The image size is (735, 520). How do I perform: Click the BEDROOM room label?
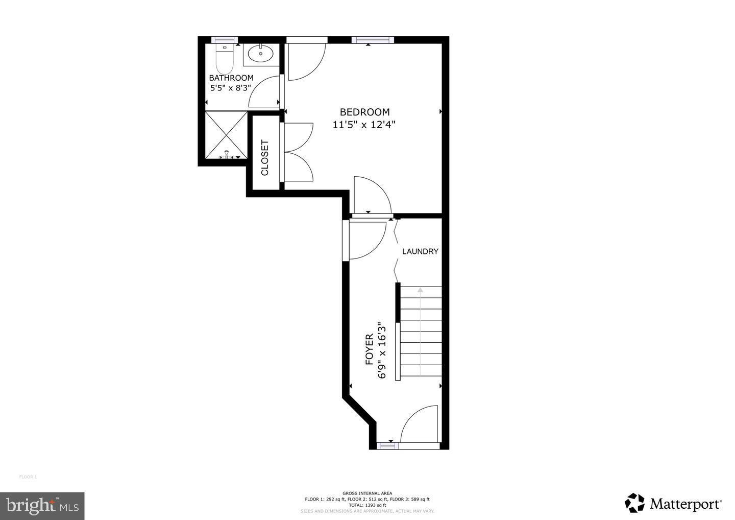pos(364,112)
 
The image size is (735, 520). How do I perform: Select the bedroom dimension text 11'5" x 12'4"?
pos(364,125)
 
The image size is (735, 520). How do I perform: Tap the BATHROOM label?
pos(231,78)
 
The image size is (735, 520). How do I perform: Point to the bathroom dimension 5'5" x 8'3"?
pos(231,87)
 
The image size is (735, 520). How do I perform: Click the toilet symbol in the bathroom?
pos(224,59)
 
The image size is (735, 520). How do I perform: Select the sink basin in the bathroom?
pos(260,53)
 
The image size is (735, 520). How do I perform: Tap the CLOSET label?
pos(265,158)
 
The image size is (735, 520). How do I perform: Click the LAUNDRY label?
pos(420,251)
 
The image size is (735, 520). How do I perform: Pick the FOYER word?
pos(369,350)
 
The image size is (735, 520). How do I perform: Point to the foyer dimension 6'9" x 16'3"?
pos(381,350)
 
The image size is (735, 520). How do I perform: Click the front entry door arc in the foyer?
pos(420,424)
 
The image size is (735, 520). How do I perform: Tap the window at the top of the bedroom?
pos(373,40)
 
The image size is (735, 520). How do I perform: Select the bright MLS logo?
pos(42,506)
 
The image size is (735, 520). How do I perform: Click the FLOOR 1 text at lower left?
pos(28,477)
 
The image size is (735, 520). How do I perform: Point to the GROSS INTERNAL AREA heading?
pos(367,493)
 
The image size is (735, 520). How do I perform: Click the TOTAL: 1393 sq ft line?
pos(367,505)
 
